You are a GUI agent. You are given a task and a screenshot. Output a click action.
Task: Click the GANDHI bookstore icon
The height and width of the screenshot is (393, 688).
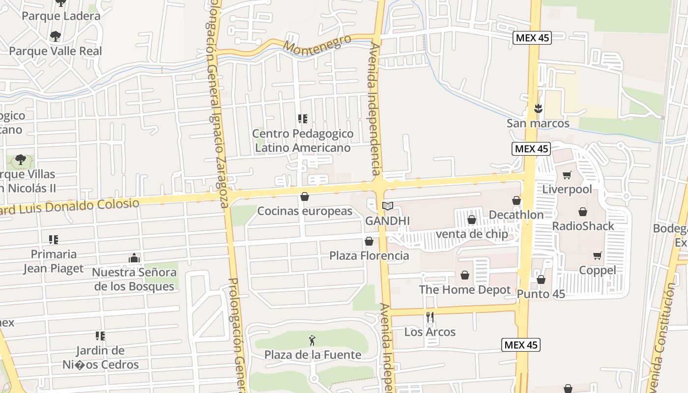coord(388,206)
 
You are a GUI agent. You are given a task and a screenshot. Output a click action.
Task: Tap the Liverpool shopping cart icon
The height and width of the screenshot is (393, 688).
coord(567,175)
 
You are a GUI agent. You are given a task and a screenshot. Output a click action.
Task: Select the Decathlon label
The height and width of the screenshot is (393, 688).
coord(516,215)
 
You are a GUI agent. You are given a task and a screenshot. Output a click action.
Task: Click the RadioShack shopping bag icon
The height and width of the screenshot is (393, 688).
coord(583,212)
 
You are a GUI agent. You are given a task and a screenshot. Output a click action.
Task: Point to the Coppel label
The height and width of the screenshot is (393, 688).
coord(597,270)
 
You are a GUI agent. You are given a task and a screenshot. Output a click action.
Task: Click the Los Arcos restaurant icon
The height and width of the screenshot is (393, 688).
coord(430,317)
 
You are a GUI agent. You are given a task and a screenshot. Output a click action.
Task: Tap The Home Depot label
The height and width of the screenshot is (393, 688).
coord(465,290)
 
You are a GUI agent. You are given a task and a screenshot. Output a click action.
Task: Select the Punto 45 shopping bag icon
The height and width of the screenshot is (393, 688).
coord(541,280)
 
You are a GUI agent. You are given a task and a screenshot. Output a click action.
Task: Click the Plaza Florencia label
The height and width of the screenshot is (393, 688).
coord(369,255)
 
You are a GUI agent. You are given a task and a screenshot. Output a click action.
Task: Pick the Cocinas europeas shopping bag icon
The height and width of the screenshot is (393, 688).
coord(305,197)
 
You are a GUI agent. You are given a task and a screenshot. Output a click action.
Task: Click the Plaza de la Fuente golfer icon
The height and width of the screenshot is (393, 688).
coord(312,340)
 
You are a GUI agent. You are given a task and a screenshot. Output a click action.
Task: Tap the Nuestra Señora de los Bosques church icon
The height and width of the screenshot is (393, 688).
coord(134,258)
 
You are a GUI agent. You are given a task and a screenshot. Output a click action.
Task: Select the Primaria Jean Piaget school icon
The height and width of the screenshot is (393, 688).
coord(54,240)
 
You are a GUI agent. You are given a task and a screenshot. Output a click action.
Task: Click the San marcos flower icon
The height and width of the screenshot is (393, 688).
coord(538,109)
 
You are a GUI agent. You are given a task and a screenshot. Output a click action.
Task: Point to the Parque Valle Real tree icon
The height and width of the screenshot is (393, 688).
coord(55,36)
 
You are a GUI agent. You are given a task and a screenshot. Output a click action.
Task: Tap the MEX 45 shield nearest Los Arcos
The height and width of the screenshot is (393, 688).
coord(521,345)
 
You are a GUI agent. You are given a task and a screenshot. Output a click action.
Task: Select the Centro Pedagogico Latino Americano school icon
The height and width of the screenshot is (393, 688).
coord(303,119)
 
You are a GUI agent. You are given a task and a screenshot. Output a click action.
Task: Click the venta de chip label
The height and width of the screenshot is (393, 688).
coord(472,234)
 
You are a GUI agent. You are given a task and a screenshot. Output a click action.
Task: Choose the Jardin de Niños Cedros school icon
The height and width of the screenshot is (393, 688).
coord(100,336)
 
